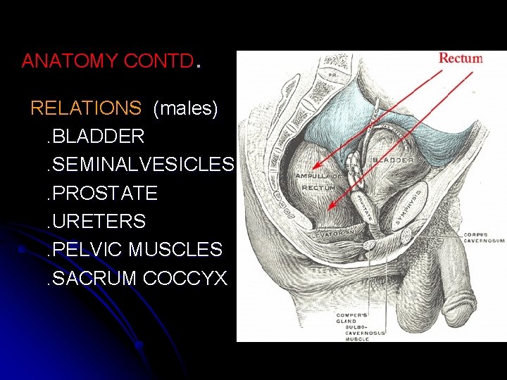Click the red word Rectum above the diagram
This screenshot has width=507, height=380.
pos(461,58)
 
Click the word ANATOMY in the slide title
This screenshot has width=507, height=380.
pos(70,61)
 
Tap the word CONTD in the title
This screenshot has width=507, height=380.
pos(158,61)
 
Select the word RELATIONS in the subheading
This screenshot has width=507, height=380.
pos(86,108)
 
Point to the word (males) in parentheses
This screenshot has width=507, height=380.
pos(185,108)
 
